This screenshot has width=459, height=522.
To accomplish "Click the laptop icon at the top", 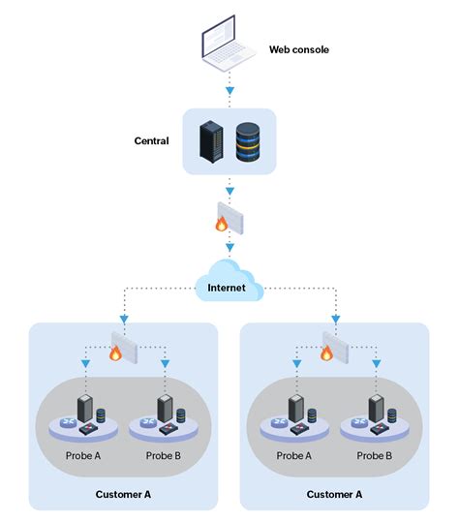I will [x=229, y=47].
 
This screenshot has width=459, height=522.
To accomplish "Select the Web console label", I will [x=299, y=49].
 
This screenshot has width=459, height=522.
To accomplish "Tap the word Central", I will [x=151, y=141].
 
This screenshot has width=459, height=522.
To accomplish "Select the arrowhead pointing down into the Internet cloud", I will [x=229, y=249].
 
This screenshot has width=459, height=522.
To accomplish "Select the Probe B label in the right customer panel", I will [x=375, y=454].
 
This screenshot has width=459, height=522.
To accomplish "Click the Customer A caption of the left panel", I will [x=123, y=495].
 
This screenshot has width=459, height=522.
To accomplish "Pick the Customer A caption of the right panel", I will [x=334, y=495].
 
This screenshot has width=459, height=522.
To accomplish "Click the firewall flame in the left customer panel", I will [x=115, y=354].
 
